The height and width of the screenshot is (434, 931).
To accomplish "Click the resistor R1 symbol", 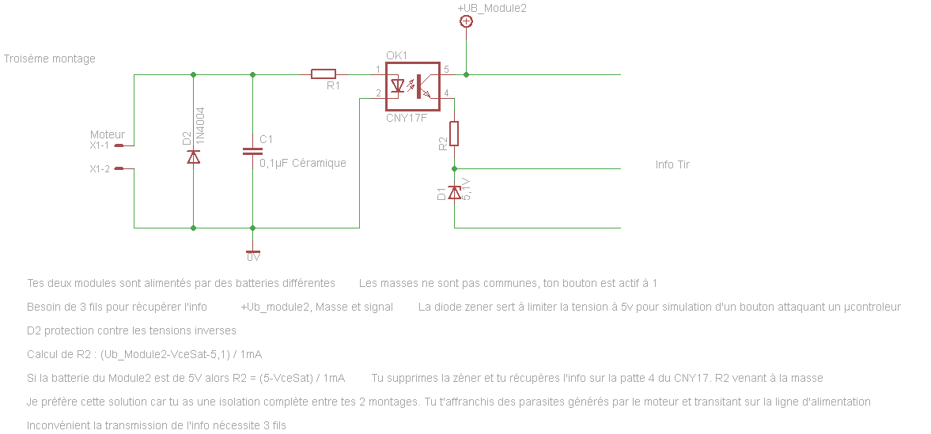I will coord(323,74).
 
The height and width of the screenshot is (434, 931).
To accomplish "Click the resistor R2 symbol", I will coord(454,134).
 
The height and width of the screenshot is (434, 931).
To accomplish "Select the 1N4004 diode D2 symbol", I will coord(194,156).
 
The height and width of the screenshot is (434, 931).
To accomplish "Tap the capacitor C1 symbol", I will coord(252,151).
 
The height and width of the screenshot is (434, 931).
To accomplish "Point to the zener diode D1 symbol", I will coord(454,192).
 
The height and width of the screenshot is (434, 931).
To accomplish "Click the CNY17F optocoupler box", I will coord(412,85).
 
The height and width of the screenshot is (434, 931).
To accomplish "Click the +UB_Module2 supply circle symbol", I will coord(466,22).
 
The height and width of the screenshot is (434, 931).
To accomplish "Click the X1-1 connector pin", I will coord(119,145).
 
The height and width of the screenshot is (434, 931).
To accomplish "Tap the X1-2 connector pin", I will coord(119,168).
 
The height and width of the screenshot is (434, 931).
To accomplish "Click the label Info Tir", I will coord(672,164).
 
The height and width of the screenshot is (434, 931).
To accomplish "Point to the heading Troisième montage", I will coord(50,58).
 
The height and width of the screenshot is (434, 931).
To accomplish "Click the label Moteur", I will coord(107,134).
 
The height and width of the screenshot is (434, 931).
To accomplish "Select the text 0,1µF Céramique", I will coord(303,163).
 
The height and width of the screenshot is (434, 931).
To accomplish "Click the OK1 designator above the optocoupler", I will coord(396,55).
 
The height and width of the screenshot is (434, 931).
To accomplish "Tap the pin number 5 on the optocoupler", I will coord(446,70).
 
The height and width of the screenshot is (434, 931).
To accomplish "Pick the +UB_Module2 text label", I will coord(491,8).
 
